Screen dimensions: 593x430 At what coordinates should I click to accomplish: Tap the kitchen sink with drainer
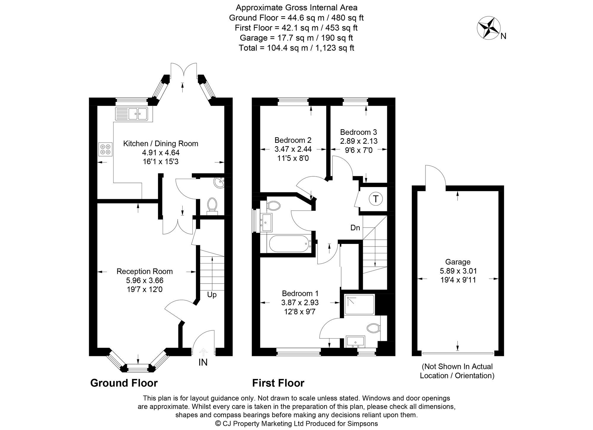[x=134, y=114]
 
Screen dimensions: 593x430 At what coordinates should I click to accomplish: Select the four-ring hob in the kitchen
[x=105, y=149]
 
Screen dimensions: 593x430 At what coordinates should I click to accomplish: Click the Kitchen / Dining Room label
[x=161, y=144]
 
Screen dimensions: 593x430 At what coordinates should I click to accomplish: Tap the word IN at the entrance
[x=203, y=362]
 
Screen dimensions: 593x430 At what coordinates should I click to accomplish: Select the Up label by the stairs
[x=212, y=295]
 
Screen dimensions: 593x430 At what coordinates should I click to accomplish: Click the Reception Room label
[x=145, y=271]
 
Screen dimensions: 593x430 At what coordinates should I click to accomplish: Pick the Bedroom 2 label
[x=293, y=140]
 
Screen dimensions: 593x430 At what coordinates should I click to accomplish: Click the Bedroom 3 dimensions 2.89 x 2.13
[x=359, y=141]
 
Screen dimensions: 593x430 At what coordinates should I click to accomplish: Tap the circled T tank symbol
[x=376, y=199]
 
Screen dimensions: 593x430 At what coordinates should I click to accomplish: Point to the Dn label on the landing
[x=355, y=228]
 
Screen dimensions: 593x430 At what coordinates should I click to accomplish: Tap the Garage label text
[x=458, y=262]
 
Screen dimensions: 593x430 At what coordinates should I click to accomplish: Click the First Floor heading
[x=278, y=383]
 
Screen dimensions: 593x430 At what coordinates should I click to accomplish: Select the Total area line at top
[x=296, y=48]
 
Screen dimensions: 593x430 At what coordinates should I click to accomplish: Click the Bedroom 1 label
[x=300, y=293]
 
